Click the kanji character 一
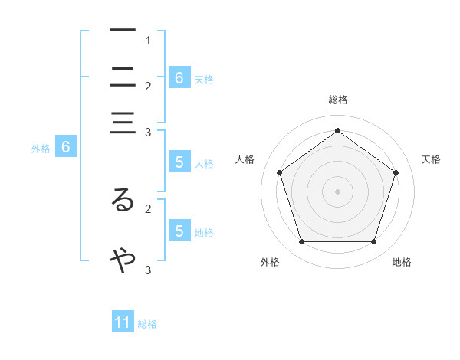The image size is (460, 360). (123, 30)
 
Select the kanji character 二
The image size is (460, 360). (123, 77)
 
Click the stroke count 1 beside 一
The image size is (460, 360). (148, 40)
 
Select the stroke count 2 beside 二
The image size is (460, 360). (148, 87)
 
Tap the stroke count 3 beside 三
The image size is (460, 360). (148, 133)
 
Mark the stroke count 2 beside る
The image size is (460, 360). (148, 208)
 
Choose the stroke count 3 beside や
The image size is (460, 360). (148, 270)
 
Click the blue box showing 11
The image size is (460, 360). (123, 322)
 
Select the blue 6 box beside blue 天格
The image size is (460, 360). (179, 77)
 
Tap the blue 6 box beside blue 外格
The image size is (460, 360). (65, 147)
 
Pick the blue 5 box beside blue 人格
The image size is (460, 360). (179, 162)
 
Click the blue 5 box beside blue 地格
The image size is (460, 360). (179, 231)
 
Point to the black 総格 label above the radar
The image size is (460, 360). (337, 100)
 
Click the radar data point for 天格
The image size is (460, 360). (396, 172)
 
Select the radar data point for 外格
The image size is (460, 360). (301, 242)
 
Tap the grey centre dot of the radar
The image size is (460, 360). (337, 191)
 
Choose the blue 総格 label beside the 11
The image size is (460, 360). (147, 324)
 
